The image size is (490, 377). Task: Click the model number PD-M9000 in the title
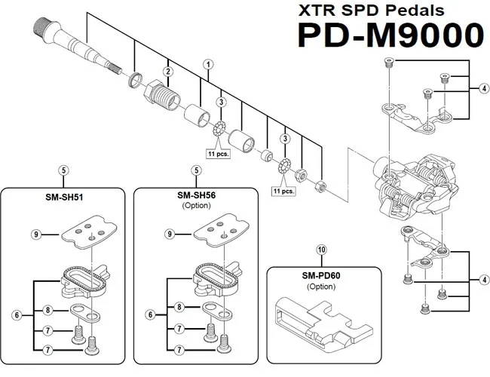pyautogui.click(x=390, y=36)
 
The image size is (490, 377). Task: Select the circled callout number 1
pyautogui.click(x=207, y=65)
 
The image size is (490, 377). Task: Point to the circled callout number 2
pyautogui.click(x=169, y=72)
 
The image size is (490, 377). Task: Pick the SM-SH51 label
pyautogui.click(x=63, y=198)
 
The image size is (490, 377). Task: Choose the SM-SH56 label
pyautogui.click(x=197, y=195)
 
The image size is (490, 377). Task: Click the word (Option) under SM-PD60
pyautogui.click(x=321, y=287)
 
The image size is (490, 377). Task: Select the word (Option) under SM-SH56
pyautogui.click(x=197, y=206)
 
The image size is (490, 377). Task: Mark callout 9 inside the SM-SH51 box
pyautogui.click(x=35, y=234)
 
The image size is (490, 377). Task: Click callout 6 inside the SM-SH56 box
pyautogui.click(x=151, y=314)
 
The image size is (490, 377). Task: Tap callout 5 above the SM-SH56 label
pyautogui.click(x=196, y=170)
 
